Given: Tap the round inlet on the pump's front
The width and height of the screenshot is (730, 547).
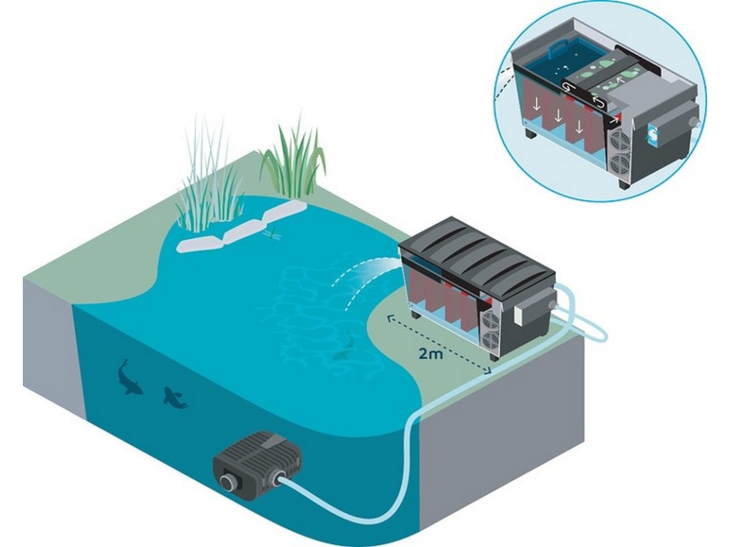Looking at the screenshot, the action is click(x=227, y=482).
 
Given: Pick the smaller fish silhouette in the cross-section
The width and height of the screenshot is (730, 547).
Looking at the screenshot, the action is click(x=174, y=397).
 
